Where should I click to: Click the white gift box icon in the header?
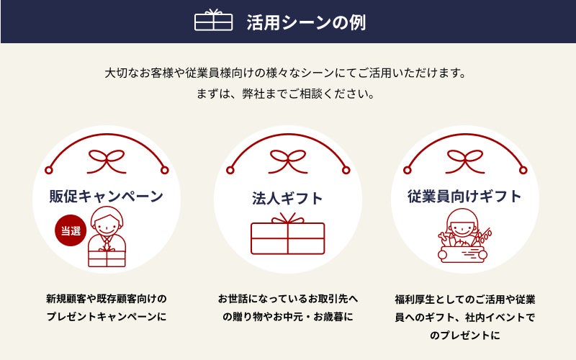pyautogui.click(x=213, y=20)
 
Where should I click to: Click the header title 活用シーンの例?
pyautogui.click(x=306, y=22)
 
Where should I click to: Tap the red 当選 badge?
pyautogui.click(x=71, y=230)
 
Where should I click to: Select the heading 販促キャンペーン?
pyautogui.click(x=106, y=196)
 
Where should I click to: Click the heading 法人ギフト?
pyautogui.click(x=287, y=199)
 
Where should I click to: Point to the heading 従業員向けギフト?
pyautogui.click(x=464, y=196)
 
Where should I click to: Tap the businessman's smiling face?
pyautogui.click(x=107, y=224)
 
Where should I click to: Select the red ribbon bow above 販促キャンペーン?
pyautogui.click(x=107, y=161)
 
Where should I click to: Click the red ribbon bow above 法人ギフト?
pyautogui.click(x=288, y=161)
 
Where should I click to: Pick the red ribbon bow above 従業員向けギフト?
pyautogui.click(x=465, y=161)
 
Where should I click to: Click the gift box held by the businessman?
pyautogui.click(x=107, y=258)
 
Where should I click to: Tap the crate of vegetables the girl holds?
pyautogui.click(x=462, y=254)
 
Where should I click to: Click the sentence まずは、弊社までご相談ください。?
pyautogui.click(x=285, y=94)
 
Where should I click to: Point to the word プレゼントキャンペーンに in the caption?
pyautogui.click(x=107, y=316)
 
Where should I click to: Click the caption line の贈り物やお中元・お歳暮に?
pyautogui.click(x=287, y=316)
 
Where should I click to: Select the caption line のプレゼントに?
pyautogui.click(x=464, y=335)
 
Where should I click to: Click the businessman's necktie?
pyautogui.click(x=107, y=243)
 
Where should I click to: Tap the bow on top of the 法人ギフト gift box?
pyautogui.click(x=288, y=218)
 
